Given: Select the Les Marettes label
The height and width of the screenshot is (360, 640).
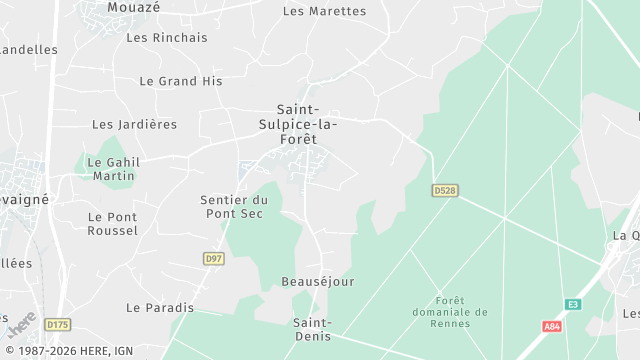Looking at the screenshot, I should tap(324, 12).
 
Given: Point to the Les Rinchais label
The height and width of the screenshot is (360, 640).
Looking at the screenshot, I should tap(167, 38).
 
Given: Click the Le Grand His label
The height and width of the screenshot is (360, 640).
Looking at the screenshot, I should tap(180, 81).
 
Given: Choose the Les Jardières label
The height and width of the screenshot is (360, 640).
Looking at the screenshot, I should tap(134, 125).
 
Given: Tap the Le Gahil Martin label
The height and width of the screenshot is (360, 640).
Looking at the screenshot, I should tap(113, 169).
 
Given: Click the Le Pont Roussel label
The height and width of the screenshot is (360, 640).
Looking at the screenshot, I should tap(113, 223).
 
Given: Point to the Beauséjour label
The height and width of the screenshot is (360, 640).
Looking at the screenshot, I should tap(318, 282).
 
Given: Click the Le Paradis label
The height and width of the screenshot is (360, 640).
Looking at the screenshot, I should tap(160, 308).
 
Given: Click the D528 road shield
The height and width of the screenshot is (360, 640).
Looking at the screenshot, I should tap(444, 190).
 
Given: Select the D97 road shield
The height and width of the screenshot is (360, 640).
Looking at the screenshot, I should tap(213, 259).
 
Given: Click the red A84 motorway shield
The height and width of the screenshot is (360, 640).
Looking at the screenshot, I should tap(552, 327).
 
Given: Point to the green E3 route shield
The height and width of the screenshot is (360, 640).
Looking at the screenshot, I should tap(572, 304).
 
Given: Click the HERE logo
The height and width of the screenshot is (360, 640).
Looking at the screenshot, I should tap(20, 326).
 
